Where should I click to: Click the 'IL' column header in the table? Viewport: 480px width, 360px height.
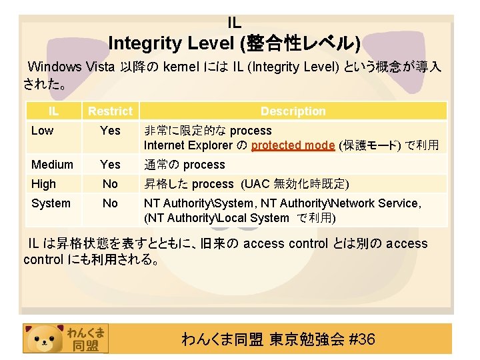pos(53,111)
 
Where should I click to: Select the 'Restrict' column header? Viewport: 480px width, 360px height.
pos(110,111)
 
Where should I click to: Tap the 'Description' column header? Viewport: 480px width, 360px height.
pos(293,111)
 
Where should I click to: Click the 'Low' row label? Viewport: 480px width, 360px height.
pos(42,131)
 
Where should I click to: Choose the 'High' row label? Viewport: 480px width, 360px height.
pos(43,184)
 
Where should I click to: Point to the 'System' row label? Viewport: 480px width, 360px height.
pos(51,203)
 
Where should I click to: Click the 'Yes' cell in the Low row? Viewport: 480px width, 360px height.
pos(110,131)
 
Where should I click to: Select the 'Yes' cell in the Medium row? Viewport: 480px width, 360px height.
pos(110,164)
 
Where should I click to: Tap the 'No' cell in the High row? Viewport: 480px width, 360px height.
pos(110,184)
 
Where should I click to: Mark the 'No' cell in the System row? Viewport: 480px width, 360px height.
pos(110,203)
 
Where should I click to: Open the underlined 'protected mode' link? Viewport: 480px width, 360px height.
pos(293,145)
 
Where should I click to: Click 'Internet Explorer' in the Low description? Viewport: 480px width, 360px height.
pos(186,145)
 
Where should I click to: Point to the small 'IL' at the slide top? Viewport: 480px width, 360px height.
pos(234,23)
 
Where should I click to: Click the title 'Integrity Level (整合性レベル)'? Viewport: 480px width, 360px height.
pos(234,44)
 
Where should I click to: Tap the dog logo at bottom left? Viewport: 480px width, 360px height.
pos(43,339)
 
